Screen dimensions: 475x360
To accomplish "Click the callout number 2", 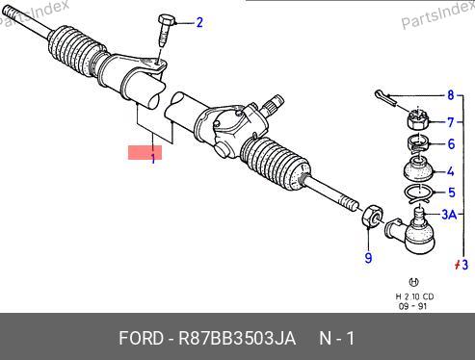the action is point(199,23).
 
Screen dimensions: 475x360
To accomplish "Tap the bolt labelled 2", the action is point(166,31).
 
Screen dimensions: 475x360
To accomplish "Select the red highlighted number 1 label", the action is point(145,152).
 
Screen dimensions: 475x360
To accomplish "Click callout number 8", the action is point(451,95).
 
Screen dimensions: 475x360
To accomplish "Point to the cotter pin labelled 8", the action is point(386,97).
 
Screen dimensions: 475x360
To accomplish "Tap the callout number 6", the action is point(451,144).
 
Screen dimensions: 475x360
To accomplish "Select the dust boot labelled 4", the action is point(418,169).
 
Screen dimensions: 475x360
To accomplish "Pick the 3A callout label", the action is point(449,215).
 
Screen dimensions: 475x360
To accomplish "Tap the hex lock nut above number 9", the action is point(372,216).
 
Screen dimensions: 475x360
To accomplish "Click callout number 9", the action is point(368,258).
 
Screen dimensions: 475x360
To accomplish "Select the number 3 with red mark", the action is point(462,265).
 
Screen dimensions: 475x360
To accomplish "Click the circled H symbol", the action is point(413,282).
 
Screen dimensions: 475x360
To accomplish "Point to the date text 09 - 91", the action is point(412,306).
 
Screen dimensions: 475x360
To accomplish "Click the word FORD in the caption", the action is point(141,338).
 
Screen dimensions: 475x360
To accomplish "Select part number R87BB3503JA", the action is point(237,338).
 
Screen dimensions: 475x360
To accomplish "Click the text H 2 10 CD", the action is point(414,296).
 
